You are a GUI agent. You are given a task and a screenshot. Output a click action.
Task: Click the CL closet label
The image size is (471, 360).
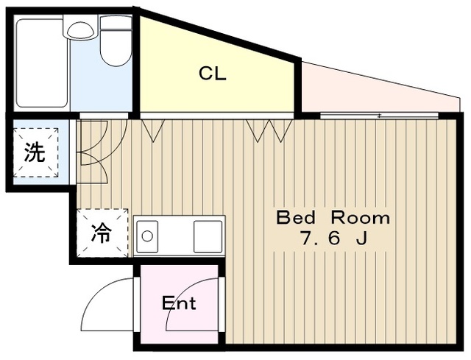tap(213, 74)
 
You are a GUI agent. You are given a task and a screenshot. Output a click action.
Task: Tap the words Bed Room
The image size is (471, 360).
tap(333, 218)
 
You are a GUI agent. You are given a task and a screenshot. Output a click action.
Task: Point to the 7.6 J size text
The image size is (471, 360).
tap(334, 239)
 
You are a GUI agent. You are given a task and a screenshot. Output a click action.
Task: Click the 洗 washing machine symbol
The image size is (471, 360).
tap(35, 152)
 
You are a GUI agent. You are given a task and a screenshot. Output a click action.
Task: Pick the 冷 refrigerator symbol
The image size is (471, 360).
tap(102, 233)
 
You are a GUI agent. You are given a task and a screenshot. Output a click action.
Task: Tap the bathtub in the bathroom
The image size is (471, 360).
tap(41, 63)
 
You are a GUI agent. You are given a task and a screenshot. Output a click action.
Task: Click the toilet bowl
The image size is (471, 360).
tap(116, 47)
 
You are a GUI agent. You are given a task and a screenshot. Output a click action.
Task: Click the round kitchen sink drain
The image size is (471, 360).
tap(147, 236)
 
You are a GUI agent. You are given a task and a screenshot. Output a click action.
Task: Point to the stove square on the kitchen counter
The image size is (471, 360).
tap(208, 236)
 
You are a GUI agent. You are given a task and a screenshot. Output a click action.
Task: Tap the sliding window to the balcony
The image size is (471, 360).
tap(379, 116)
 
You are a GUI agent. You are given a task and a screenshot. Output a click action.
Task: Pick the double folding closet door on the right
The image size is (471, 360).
tap(269, 130)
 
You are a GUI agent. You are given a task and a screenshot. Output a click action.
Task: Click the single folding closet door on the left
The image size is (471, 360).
tap(153, 130)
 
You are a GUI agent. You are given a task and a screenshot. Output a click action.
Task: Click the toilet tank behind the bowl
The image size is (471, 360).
tap(116, 23)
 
